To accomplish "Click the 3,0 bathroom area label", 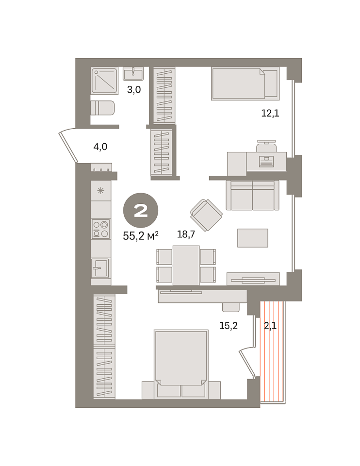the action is point(134,89).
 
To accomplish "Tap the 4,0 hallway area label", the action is point(100,147).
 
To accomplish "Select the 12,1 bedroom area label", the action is point(270,113).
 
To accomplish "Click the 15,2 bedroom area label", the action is point(229,326).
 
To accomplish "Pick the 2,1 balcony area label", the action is point(270,326).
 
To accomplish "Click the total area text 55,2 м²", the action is point(141,236).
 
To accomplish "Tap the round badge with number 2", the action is point(141,211).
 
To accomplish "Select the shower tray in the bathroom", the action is point(104,81).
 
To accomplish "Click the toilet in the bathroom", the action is point(102,108).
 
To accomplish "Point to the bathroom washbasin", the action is point(133,73).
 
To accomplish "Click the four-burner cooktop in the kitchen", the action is point(101,229).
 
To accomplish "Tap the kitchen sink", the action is point(100,268).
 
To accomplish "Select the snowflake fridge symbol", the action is point(101,191).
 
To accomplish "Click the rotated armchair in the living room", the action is point(206,215).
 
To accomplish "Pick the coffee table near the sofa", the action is point(253,238).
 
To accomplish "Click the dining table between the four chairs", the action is point(186,266).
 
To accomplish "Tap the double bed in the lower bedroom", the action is point(181,364).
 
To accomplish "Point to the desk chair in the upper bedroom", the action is point(267,146).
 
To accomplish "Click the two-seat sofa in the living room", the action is point(252,195).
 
